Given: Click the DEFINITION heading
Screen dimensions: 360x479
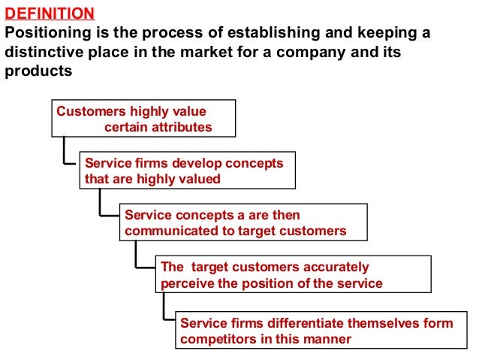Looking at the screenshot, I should click(x=50, y=14).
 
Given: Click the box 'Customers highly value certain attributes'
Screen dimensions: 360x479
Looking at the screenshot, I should click(x=143, y=119).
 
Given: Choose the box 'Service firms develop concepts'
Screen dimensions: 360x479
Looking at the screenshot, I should click(x=187, y=171).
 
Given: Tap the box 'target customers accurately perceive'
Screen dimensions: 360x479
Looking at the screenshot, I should click(x=294, y=274).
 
